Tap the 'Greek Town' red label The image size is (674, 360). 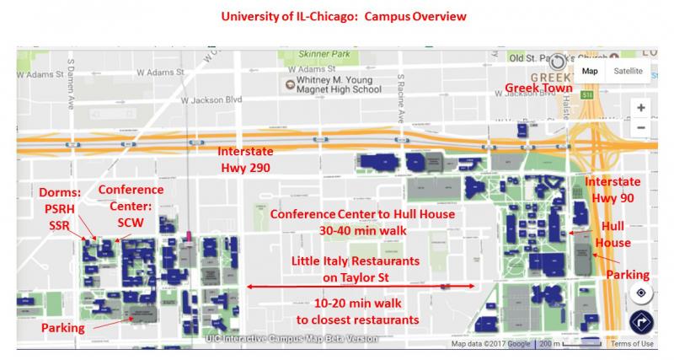tap(538, 88)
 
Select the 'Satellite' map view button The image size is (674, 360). tap(633, 71)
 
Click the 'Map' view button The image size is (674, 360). tap(590, 71)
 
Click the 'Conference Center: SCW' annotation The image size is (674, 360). tap(130, 203)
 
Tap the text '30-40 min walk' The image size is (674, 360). tap(361, 229)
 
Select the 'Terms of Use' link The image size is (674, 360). tap(632, 343)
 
